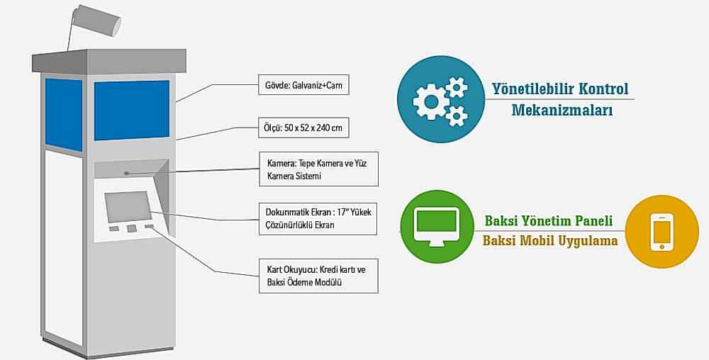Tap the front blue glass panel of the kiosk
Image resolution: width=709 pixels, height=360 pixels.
coord(131,109)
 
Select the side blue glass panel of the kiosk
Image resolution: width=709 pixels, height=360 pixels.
coord(64,114)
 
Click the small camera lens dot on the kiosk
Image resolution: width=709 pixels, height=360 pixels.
coord(126,173)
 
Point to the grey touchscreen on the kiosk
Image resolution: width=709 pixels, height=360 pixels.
coord(128,206)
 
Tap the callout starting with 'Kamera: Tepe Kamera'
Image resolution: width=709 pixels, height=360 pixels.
coord(317,169)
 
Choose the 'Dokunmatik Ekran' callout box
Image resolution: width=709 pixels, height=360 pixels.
coord(317,218)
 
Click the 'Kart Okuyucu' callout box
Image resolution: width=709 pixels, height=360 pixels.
coord(317,276)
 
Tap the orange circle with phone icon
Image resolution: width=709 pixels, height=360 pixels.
coord(661,231)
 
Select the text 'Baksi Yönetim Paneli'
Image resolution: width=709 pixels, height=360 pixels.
coord(549,220)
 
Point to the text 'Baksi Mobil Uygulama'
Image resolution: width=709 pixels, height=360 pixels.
coord(550,241)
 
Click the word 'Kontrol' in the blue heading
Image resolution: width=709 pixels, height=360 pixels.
coord(603,89)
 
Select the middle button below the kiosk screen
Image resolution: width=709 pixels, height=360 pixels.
coord(132,228)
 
